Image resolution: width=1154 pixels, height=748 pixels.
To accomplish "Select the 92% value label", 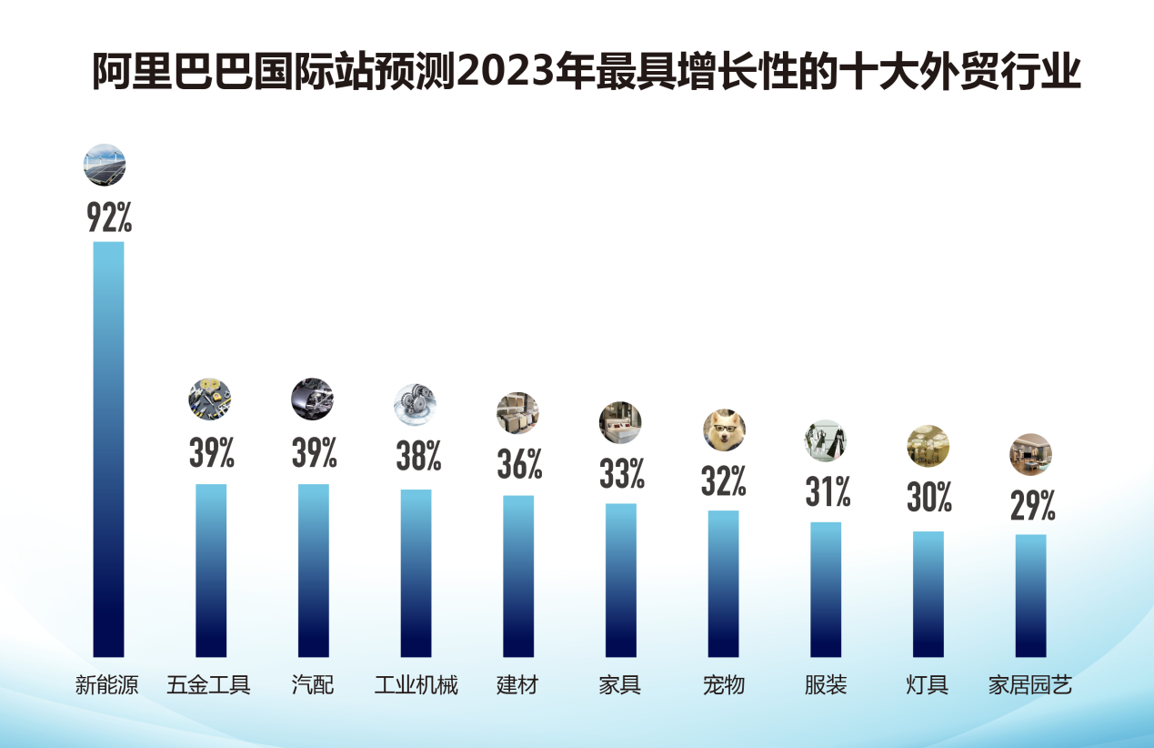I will (109, 217).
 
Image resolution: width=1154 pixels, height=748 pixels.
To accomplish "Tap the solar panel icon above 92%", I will (105, 165).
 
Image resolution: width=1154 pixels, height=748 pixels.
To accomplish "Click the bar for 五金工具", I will (211, 570).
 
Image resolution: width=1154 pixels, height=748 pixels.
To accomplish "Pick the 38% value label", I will (417, 455).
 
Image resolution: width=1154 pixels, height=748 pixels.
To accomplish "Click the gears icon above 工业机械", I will (415, 404).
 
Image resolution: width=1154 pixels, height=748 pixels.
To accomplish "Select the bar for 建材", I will (518, 575).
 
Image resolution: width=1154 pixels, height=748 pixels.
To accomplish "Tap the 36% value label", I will (519, 464).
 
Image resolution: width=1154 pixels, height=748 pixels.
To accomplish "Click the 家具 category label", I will (620, 684).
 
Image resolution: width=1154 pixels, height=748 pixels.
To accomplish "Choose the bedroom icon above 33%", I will (620, 422).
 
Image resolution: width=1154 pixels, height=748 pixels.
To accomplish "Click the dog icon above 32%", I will (724, 430).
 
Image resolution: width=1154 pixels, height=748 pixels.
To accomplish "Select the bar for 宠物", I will (724, 583).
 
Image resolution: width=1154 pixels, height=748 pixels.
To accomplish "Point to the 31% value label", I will (827, 492).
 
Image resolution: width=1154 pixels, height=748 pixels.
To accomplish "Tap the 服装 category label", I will (826, 684).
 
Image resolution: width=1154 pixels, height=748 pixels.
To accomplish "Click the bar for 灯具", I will (928, 593).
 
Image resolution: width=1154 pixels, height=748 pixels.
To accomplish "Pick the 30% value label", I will (928, 497).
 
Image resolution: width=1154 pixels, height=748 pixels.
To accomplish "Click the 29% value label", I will (1032, 505).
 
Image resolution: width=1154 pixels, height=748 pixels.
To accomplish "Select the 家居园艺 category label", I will (1030, 684).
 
